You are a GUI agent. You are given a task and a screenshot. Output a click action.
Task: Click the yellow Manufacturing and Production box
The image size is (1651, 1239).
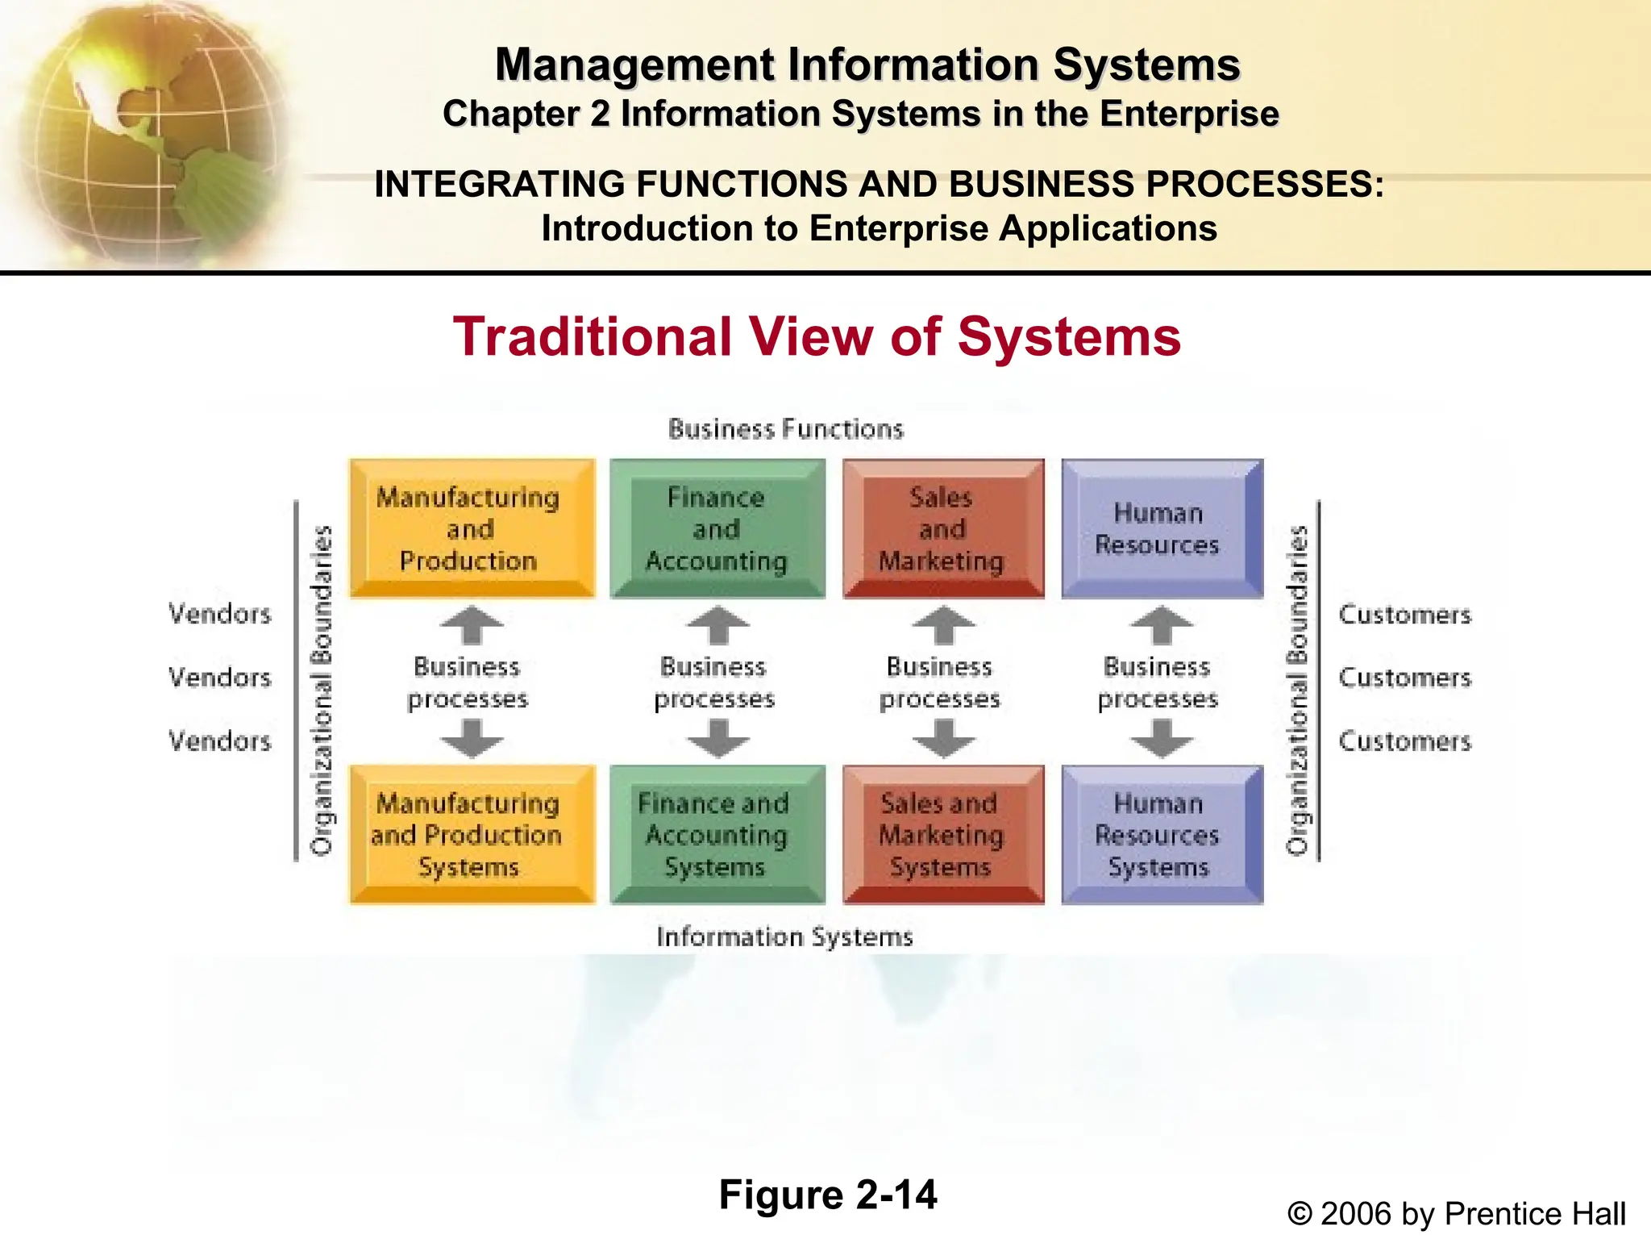coord(472,528)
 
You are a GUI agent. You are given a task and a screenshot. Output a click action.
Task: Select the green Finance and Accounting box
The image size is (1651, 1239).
coord(717,528)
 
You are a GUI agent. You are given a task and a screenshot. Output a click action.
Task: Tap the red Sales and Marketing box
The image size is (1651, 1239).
coord(943,528)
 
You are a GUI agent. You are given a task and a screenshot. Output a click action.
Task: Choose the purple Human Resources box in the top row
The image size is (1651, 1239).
coord(1161,528)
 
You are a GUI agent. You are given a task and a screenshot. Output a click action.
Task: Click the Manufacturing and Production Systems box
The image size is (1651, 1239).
coord(472,835)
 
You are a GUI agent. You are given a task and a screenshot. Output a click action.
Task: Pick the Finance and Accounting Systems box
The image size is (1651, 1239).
coord(717,835)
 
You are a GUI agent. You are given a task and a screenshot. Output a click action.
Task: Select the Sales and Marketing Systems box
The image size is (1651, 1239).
coord(943,835)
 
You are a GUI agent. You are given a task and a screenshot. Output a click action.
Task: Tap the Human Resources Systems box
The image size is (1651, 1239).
coord(1161,835)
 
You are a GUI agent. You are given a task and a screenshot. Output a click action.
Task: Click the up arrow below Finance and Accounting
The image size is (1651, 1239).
coord(717,625)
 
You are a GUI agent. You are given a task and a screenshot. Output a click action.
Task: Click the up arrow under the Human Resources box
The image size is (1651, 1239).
coord(1161,625)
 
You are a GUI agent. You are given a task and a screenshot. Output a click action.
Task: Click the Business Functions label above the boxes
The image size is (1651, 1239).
coord(786,429)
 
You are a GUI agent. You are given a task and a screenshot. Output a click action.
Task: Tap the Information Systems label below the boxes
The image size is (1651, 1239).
coord(784,937)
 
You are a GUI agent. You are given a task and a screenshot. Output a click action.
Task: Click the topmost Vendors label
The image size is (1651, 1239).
coord(219,614)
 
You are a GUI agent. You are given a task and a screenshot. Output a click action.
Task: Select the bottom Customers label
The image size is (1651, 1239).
coord(1404,740)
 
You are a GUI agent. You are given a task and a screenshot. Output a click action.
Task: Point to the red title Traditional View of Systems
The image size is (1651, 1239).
coord(817,336)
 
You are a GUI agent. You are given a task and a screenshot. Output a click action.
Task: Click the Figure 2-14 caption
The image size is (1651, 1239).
coord(828,1195)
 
